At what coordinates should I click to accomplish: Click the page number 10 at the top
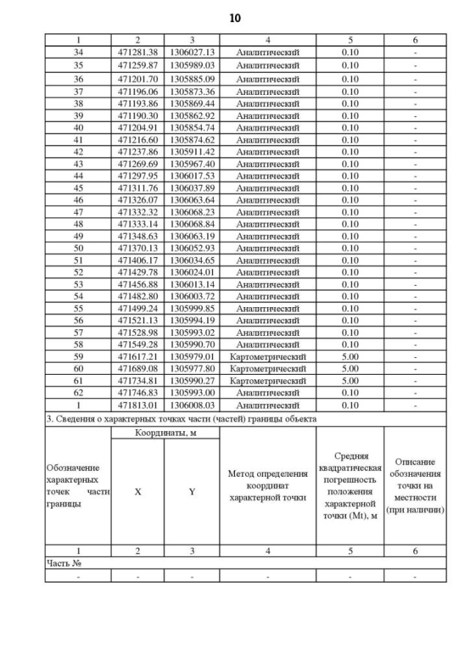tap(234, 17)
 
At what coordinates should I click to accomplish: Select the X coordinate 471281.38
tap(137, 52)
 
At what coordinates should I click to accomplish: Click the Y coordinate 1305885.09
tap(192, 79)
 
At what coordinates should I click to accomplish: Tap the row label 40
tap(78, 128)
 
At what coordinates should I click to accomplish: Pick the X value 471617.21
tap(137, 356)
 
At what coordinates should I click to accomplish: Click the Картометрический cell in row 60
tap(267, 368)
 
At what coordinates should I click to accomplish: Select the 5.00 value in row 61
tap(350, 381)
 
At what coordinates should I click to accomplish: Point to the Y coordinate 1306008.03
tap(192, 404)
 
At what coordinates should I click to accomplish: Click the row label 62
tap(78, 392)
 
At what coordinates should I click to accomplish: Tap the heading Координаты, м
tap(165, 433)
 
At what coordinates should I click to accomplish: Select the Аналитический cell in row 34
tap(267, 52)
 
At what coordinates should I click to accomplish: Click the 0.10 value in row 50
tap(350, 248)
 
